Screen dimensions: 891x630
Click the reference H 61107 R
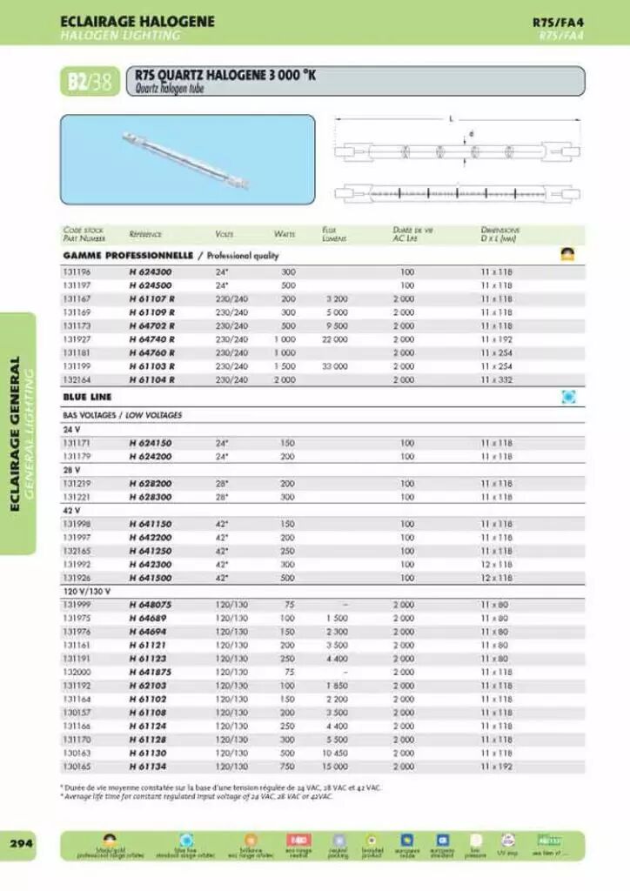pyautogui.click(x=151, y=298)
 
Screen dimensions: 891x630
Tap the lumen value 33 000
pyautogui.click(x=334, y=366)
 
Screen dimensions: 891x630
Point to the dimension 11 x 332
pyautogui.click(x=497, y=379)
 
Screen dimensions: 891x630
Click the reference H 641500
pyautogui.click(x=151, y=578)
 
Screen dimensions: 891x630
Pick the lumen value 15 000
pyautogui.click(x=334, y=767)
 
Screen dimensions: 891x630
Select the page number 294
pyautogui.click(x=22, y=844)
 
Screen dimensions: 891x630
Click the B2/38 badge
pyautogui.click(x=90, y=82)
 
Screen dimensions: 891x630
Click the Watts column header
pyautogui.click(x=285, y=234)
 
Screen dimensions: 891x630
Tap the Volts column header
pyautogui.click(x=224, y=234)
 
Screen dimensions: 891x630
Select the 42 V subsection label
pyautogui.click(x=71, y=510)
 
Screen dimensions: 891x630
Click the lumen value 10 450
pyautogui.click(x=334, y=753)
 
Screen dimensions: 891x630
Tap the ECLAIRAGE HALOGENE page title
pyautogui.click(x=137, y=21)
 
